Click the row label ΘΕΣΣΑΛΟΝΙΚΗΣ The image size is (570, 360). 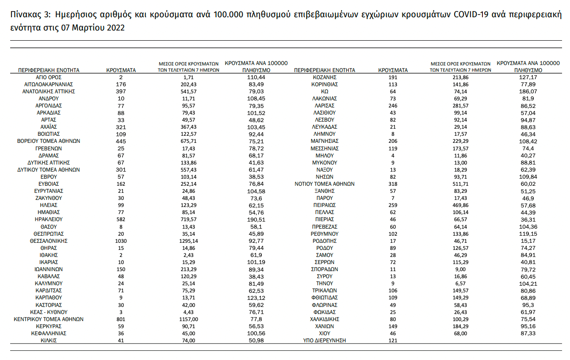(49, 241)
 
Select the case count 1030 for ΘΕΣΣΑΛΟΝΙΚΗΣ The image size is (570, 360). (121, 241)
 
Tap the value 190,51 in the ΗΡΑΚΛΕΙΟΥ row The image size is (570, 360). (256, 219)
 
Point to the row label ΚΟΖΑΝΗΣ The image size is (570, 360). (324, 77)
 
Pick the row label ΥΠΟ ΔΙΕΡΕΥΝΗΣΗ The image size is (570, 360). (324, 340)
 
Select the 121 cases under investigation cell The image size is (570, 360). (393, 340)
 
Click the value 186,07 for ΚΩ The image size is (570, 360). (528, 91)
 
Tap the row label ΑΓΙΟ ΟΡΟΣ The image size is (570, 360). (49, 77)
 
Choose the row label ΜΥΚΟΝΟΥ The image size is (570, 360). (324, 162)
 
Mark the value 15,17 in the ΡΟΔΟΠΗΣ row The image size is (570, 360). (528, 241)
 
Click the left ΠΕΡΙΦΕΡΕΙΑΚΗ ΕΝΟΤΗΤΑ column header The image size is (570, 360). (49, 70)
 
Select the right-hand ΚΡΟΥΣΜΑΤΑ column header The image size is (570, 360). (393, 70)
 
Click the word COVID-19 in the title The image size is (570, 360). (470, 14)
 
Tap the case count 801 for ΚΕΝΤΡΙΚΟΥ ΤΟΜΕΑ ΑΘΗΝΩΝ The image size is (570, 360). (121, 319)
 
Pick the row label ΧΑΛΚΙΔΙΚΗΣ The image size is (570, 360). (324, 319)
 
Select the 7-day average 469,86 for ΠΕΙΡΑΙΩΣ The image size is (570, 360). (461, 205)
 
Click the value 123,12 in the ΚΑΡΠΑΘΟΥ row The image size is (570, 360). (256, 298)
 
